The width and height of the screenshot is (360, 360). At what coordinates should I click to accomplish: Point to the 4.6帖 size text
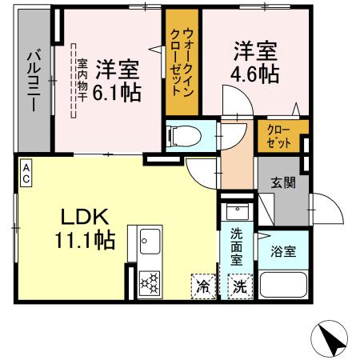(x=256, y=74)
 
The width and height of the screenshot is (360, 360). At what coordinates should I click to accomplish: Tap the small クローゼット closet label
(x=278, y=134)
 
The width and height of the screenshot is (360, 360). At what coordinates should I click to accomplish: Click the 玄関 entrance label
(x=282, y=182)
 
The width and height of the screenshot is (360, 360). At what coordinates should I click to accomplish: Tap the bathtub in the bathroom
(x=282, y=285)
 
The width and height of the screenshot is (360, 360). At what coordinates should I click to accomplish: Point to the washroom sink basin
(x=238, y=213)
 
